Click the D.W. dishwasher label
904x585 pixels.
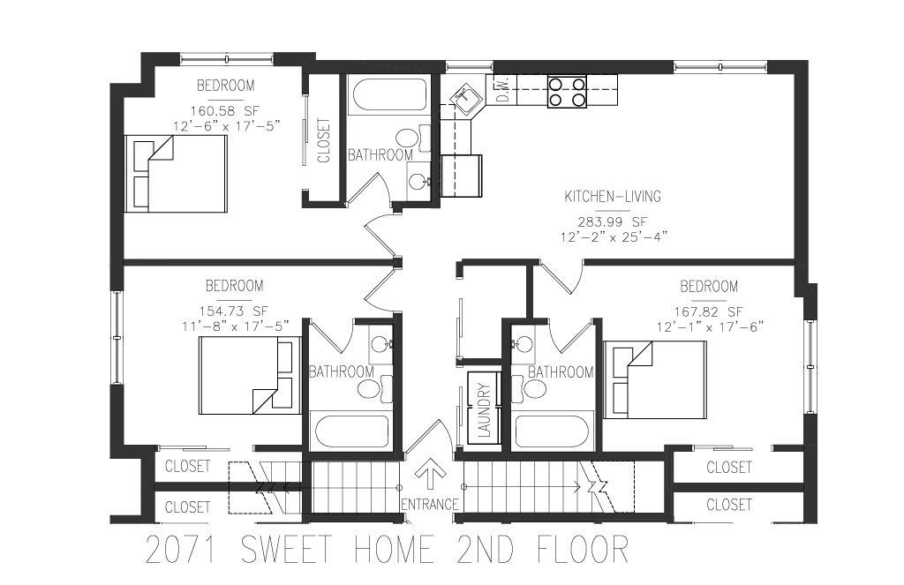coord(501,91)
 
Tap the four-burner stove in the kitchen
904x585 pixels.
coord(568,92)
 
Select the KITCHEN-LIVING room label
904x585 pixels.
coord(613,197)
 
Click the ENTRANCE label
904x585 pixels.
coord(429,504)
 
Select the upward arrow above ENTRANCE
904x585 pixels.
coord(430,473)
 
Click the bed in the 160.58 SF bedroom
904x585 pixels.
coord(176,174)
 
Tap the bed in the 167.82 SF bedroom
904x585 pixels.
coord(654,379)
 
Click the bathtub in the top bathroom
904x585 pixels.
coord(388,95)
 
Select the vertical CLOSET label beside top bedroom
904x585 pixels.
coord(323,141)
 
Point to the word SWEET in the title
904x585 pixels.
coord(292,550)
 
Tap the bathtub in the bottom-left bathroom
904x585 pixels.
coord(351,431)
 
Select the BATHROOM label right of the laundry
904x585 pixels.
coord(560,372)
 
